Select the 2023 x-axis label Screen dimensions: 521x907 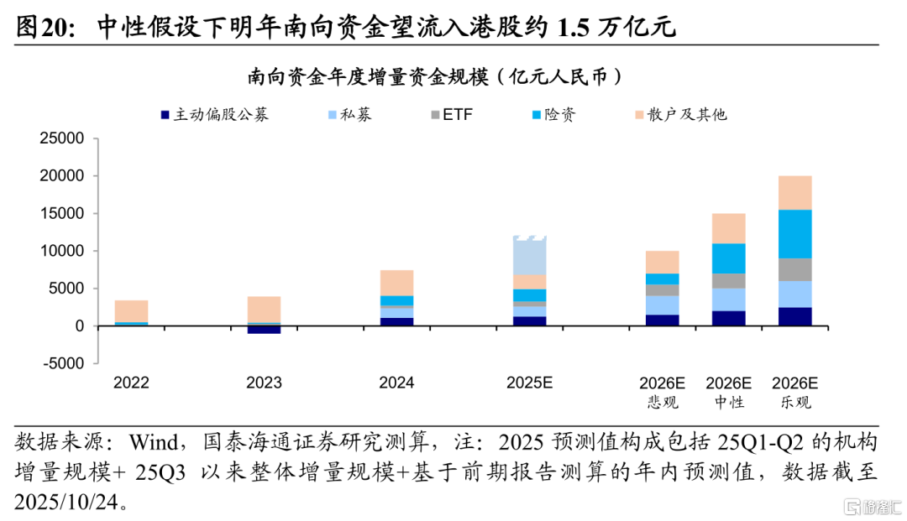[x=264, y=383]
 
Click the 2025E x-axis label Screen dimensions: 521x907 [x=529, y=383]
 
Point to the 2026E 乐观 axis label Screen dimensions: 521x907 [x=794, y=392]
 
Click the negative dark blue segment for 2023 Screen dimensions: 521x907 [x=264, y=330]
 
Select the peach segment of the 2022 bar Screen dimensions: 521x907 [x=131, y=310]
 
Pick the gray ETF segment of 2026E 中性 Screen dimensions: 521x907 [x=728, y=280]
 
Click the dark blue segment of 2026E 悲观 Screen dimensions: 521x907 [x=662, y=320]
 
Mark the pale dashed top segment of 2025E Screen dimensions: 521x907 [x=529, y=256]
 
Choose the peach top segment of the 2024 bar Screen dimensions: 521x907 [x=396, y=283]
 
